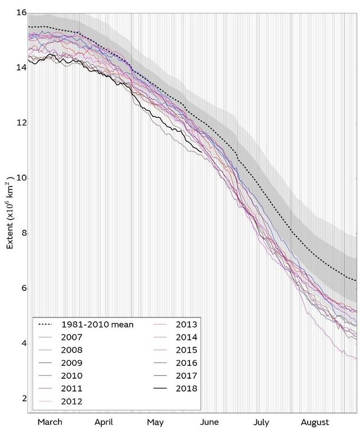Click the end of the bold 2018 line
[x=202, y=151]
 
